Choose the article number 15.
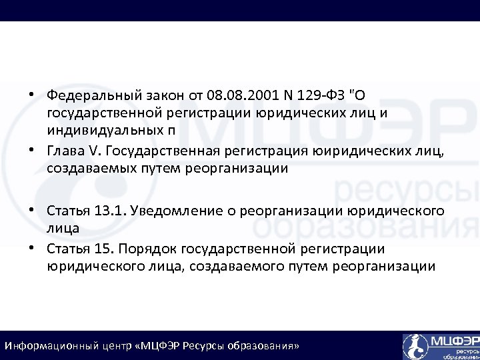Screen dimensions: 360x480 [106, 249]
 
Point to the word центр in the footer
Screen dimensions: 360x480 [121, 347]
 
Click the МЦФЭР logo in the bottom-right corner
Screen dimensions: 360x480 [440, 346]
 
